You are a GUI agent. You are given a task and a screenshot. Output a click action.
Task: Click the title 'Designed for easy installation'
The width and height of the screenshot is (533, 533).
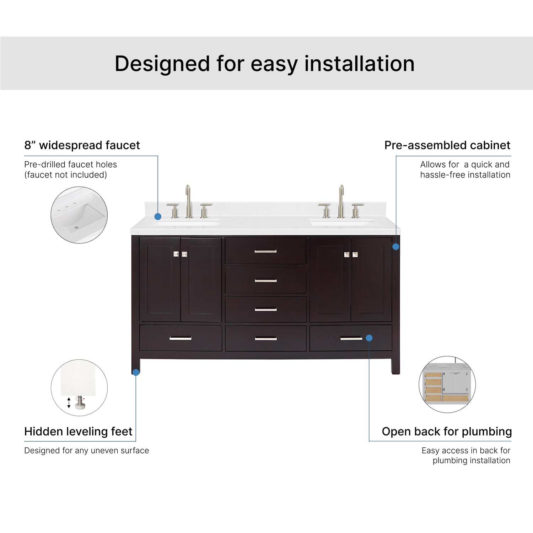tap(264, 64)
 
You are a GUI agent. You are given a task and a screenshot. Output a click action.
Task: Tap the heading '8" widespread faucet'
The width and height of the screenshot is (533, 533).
tap(82, 145)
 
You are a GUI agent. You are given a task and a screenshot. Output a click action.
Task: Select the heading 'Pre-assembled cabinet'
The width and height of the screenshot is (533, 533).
tap(447, 145)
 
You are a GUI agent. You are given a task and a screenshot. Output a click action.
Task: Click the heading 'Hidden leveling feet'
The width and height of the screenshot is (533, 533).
tap(78, 431)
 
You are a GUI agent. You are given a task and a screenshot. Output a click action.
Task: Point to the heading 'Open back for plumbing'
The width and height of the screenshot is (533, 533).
tap(447, 431)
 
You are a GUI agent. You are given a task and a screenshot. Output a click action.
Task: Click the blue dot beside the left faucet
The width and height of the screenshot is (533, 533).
tap(158, 216)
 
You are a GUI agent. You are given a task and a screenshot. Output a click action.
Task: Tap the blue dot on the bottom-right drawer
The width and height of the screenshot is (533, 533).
tap(369, 338)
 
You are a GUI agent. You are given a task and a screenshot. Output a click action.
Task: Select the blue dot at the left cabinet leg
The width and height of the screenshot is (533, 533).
tap(136, 372)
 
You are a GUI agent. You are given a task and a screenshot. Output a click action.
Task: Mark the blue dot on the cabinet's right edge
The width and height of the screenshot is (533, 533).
tap(395, 247)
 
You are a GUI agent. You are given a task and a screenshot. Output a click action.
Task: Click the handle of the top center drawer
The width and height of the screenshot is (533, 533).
tap(265, 252)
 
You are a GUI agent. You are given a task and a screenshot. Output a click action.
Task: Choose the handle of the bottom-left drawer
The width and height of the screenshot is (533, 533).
tap(181, 338)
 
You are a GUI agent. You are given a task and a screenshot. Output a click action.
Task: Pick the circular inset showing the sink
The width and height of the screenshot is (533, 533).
tap(79, 215)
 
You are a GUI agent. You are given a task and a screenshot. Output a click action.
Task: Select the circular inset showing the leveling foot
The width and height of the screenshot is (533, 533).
tap(79, 388)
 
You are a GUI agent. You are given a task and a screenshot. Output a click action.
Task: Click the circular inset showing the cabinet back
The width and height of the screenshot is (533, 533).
tap(447, 384)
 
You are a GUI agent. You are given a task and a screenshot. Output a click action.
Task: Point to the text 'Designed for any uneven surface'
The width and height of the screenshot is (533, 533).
tap(86, 451)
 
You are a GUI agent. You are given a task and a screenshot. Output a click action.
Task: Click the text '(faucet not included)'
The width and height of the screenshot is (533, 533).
tap(65, 175)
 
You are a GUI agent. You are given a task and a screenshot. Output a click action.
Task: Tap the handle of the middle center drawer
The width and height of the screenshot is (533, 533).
tap(265, 281)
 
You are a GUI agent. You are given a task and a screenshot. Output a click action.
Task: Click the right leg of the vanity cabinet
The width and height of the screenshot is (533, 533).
tap(395, 366)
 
